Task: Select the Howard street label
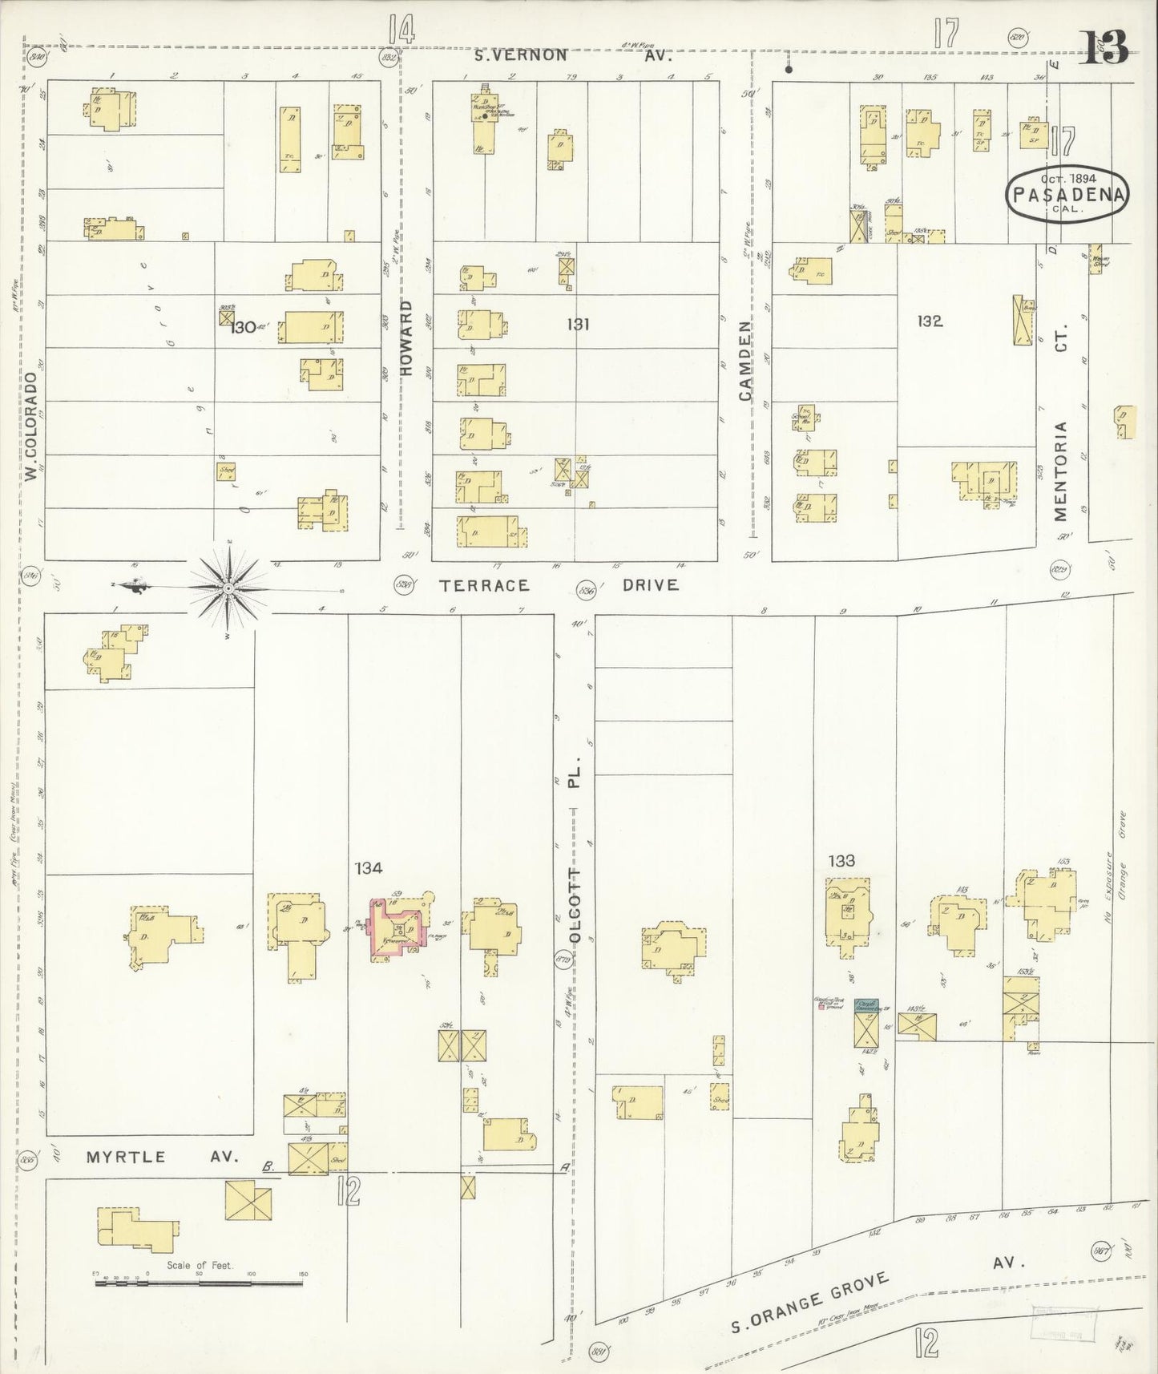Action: click(x=406, y=338)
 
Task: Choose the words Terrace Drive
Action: click(x=559, y=585)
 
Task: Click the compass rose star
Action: click(x=229, y=589)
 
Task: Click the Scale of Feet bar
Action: click(x=199, y=1283)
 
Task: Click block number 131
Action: click(x=578, y=324)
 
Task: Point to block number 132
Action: click(x=930, y=321)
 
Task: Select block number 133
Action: click(x=841, y=861)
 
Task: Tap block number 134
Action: click(x=369, y=867)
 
